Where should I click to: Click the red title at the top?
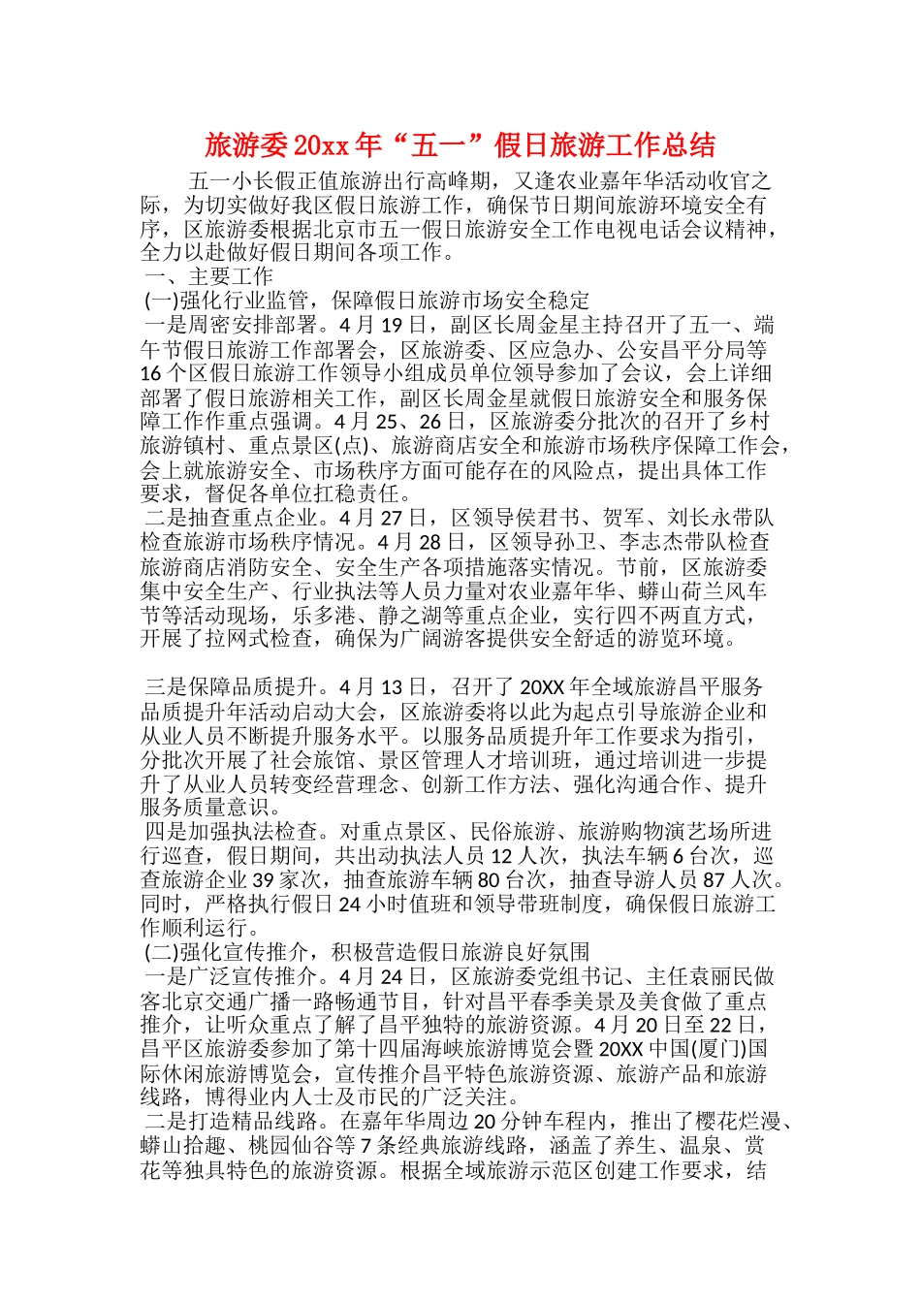(x=460, y=145)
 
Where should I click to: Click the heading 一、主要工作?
(x=209, y=277)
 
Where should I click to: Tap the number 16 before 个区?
(x=150, y=373)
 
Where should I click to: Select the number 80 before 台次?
(x=489, y=880)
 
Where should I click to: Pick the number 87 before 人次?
(x=714, y=880)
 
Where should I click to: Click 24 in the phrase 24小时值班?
(x=350, y=905)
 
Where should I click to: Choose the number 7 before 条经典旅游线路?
(x=365, y=1146)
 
